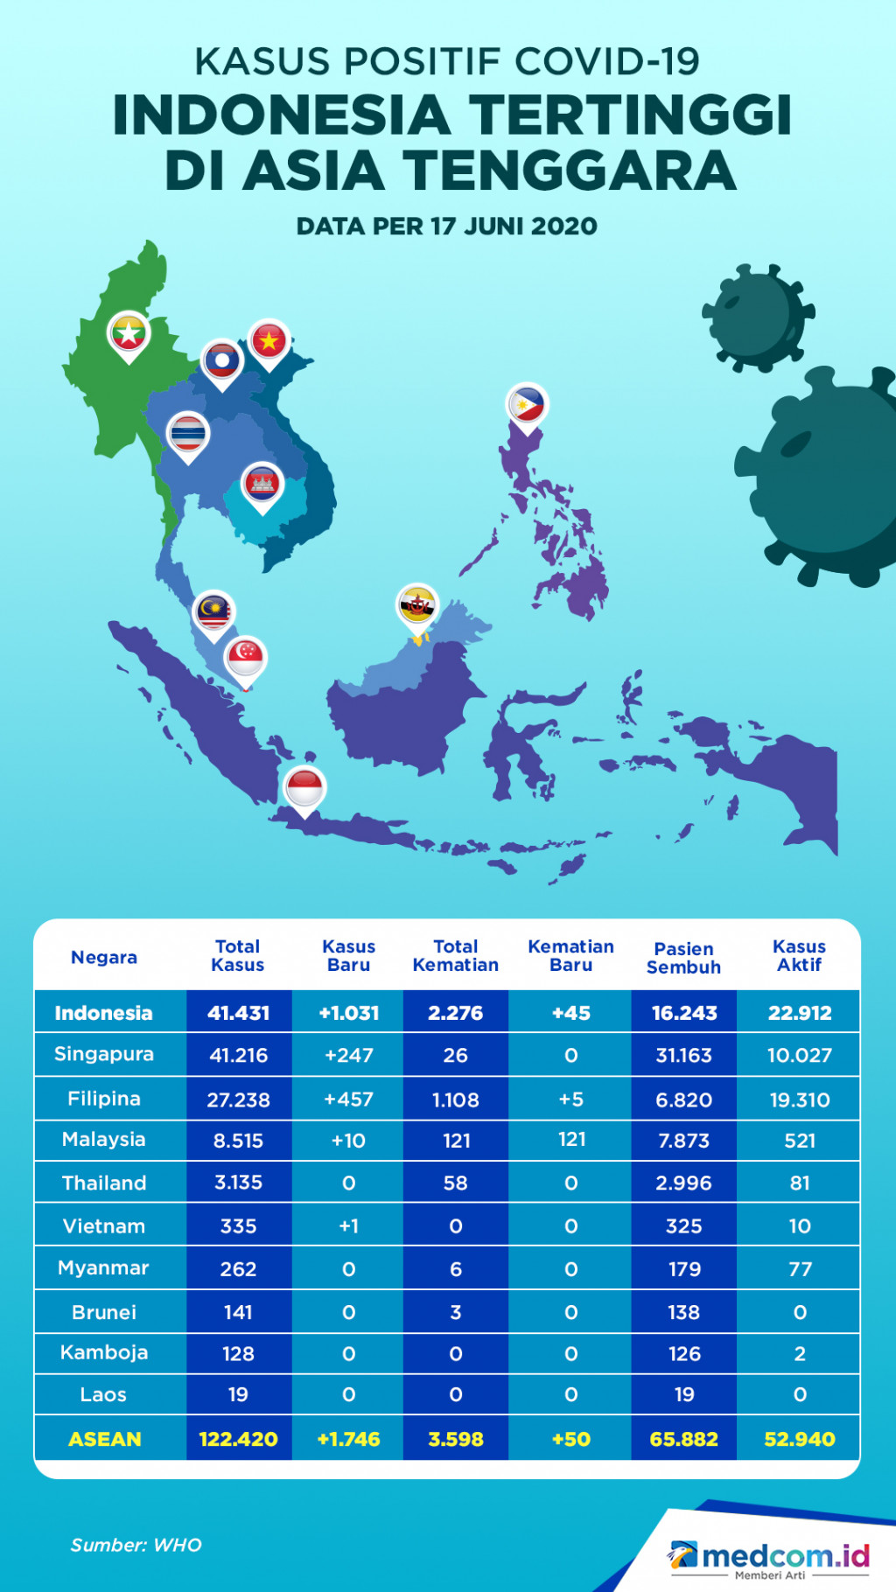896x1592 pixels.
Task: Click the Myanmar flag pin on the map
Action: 129,333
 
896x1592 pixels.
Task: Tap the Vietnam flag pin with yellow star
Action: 269,341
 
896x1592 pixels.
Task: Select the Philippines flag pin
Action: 527,405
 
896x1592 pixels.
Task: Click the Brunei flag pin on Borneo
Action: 417,605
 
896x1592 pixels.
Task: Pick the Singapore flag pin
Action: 246,657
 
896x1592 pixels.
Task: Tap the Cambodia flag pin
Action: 262,484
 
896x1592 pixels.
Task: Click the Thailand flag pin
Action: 188,434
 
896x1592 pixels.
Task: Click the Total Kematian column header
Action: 455,956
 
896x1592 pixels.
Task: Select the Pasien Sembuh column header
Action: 683,958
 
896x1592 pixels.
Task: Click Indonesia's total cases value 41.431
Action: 238,1013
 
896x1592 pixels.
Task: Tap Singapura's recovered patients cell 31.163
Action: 683,1056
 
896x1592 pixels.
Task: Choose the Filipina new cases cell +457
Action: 348,1100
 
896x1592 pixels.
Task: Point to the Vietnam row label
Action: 104,1226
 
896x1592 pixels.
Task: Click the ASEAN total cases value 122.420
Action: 238,1439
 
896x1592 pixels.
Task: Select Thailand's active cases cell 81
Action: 799,1183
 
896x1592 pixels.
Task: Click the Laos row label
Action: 103,1395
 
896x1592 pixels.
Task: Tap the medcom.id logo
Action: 770,1557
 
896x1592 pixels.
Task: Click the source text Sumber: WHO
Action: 136,1546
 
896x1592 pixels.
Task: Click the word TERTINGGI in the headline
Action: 630,116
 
